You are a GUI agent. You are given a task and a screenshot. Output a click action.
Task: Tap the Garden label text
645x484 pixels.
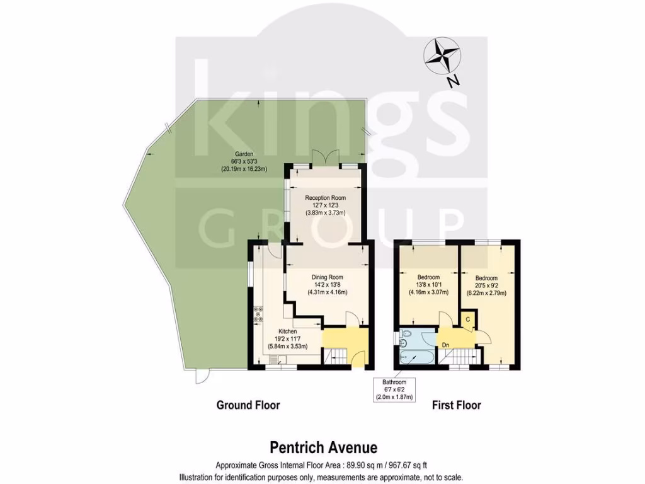coord(244,161)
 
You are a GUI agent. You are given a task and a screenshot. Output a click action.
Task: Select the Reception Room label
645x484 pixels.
coord(325,205)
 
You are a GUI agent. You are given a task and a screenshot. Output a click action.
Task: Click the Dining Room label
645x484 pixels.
coord(328,284)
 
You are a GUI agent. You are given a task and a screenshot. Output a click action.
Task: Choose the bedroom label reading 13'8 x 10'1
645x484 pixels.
coord(429,284)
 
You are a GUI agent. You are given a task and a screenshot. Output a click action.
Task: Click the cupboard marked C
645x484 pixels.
coord(468,320)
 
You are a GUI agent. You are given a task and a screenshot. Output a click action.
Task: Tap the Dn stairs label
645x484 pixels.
coord(445,345)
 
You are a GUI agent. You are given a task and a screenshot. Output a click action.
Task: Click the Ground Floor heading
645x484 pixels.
coord(248,405)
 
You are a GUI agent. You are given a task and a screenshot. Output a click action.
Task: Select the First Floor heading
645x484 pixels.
coord(456,405)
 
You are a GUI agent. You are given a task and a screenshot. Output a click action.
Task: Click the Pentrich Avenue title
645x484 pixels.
coord(324,447)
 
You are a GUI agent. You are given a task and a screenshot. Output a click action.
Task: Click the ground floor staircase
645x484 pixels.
coord(336,357)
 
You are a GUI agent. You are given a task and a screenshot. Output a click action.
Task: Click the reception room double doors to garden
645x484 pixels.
coord(325,158)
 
